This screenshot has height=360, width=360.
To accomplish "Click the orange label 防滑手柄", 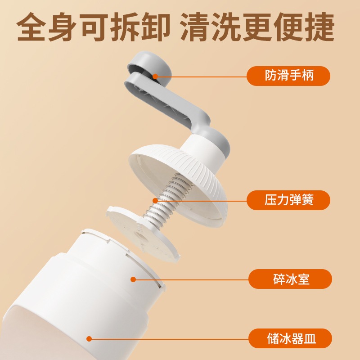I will (x=288, y=76).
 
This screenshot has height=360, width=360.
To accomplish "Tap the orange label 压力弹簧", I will (x=288, y=200).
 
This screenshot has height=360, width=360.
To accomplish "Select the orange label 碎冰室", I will (x=290, y=279).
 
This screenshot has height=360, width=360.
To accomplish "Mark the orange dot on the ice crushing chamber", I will (x=133, y=279).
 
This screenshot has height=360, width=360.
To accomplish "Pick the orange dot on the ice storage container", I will (x=89, y=338).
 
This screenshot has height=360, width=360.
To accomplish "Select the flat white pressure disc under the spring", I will (x=135, y=234).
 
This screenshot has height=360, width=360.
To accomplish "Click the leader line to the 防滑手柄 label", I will (x=202, y=76).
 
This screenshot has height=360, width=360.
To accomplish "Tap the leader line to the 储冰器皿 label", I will (x=171, y=338).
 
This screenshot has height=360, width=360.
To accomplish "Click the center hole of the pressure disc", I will (x=139, y=234).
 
